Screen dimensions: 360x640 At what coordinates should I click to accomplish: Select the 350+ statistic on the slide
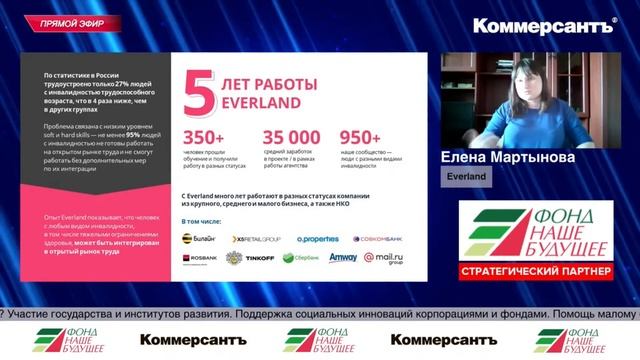pyautogui.click(x=204, y=138)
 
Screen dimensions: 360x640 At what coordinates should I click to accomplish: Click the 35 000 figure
pyautogui.click(x=291, y=138)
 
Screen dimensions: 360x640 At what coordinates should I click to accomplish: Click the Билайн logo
pyautogui.click(x=200, y=239)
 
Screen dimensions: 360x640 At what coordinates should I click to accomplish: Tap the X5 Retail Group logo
pyautogui.click(x=257, y=239)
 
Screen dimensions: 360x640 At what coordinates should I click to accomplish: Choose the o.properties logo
pyautogui.click(x=316, y=239)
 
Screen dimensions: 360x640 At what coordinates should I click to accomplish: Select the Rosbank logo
pyautogui.click(x=199, y=258)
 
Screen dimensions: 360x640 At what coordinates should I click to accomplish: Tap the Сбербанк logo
pyautogui.click(x=301, y=258)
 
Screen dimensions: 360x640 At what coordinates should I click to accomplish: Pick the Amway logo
pyautogui.click(x=343, y=257)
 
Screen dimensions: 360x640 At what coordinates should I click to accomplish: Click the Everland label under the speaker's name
pyautogui.click(x=467, y=177)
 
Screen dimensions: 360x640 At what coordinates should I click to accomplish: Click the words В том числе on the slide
pyautogui.click(x=202, y=219)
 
